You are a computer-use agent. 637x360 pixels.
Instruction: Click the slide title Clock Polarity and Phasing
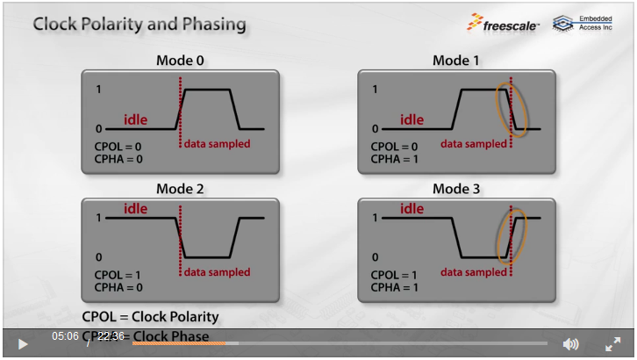point(140,24)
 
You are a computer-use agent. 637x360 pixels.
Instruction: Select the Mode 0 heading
point(180,61)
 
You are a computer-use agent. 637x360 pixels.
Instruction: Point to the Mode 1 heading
point(456,61)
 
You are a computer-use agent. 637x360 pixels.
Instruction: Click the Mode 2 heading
point(180,189)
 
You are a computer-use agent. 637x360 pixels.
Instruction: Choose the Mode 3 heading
point(456,189)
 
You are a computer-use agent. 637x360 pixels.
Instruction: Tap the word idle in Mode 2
point(135,209)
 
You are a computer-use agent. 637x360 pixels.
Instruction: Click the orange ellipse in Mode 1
point(513,110)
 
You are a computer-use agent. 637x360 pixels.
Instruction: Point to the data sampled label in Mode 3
point(474,272)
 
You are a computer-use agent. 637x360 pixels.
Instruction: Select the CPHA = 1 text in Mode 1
point(394,159)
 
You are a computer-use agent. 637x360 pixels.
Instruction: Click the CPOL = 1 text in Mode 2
point(118,275)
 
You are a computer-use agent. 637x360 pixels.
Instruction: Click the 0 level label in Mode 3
point(375,257)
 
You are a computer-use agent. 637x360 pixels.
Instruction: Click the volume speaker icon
point(570,343)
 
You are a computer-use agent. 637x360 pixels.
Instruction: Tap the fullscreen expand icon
point(612,343)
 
